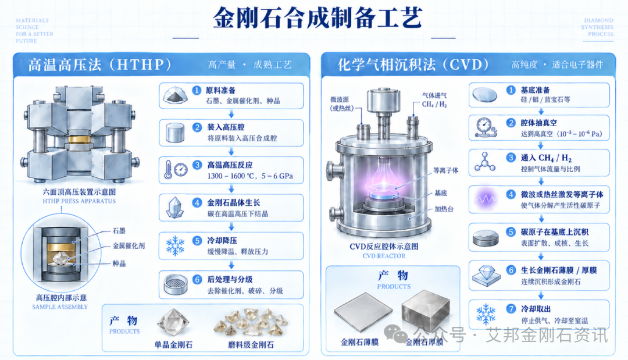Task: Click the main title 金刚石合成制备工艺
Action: pyautogui.click(x=317, y=18)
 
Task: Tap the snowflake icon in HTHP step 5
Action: pyautogui.click(x=175, y=246)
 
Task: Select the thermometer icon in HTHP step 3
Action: pyautogui.click(x=168, y=170)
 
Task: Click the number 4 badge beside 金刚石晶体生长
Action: pyautogui.click(x=197, y=202)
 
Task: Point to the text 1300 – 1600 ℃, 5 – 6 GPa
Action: pyautogui.click(x=250, y=176)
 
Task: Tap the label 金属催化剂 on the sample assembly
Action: pyautogui.click(x=129, y=246)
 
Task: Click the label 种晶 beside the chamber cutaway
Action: pyautogui.click(x=119, y=263)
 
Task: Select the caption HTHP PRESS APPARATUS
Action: pyautogui.click(x=79, y=201)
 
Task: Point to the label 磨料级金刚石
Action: pyautogui.click(x=251, y=345)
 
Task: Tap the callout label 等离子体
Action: pyautogui.click(x=446, y=170)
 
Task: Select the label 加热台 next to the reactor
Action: pyautogui.click(x=444, y=209)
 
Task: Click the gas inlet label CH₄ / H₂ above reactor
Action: pyautogui.click(x=434, y=105)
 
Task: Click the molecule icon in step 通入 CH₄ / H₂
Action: pyautogui.click(x=484, y=162)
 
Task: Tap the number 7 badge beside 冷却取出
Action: pyautogui.click(x=511, y=309)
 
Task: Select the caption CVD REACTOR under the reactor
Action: pyautogui.click(x=384, y=256)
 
